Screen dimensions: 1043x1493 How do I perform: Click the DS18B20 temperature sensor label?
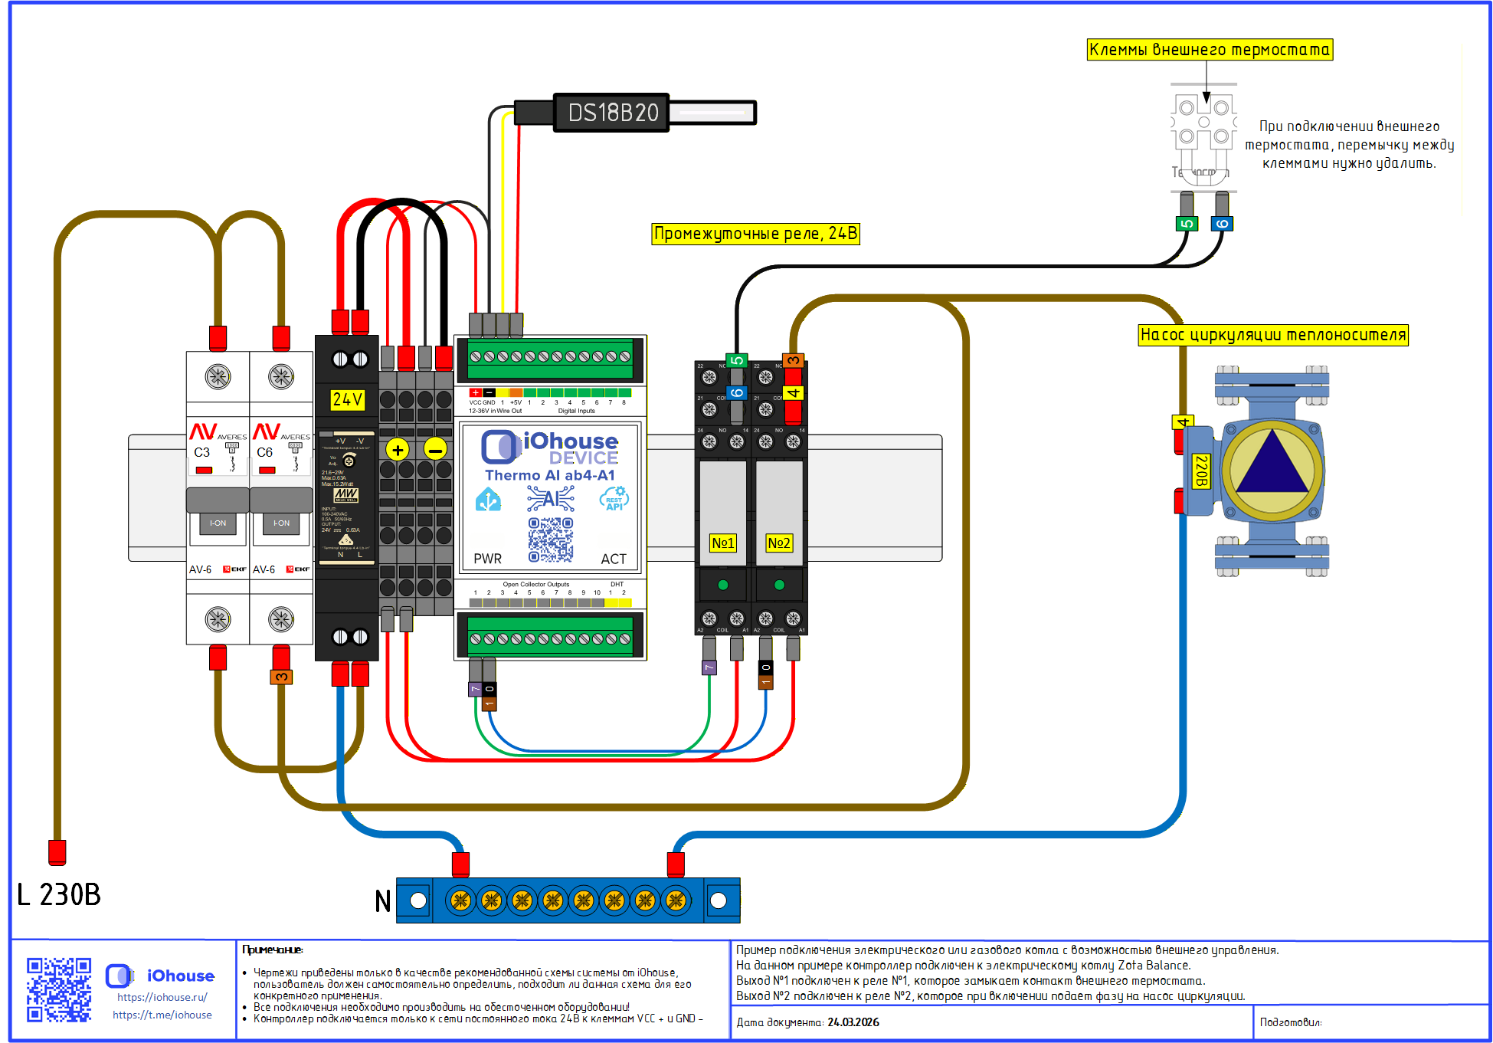click(613, 113)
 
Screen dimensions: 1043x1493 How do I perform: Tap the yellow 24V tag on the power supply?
click(347, 399)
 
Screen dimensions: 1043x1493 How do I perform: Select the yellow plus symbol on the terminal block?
click(398, 450)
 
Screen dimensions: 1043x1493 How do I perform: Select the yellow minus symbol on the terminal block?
click(435, 450)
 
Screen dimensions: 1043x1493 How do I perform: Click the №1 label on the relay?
click(722, 543)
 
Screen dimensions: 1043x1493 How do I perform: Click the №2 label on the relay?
click(778, 543)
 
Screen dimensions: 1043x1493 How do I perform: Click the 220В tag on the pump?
click(1201, 471)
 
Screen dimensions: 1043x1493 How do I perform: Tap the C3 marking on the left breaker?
click(201, 452)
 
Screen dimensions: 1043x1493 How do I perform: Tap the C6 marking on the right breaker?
click(264, 452)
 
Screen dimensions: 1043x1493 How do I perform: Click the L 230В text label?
click(59, 894)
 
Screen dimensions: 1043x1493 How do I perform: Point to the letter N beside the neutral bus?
click(383, 900)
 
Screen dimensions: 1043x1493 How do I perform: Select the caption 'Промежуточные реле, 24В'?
click(755, 234)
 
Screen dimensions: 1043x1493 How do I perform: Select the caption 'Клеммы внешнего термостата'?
click(1210, 50)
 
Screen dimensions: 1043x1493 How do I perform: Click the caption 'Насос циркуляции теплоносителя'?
click(1272, 335)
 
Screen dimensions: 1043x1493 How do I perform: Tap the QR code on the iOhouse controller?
click(550, 539)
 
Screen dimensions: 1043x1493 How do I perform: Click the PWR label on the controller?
click(487, 559)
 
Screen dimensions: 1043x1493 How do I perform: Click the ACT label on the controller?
click(613, 559)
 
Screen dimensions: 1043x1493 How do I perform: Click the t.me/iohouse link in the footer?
click(162, 1015)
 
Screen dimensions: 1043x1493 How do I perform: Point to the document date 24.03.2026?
click(853, 1022)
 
